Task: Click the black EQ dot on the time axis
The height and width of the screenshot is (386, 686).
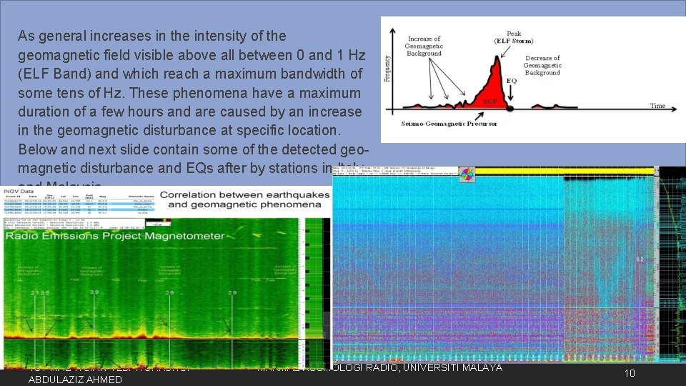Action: click(x=509, y=109)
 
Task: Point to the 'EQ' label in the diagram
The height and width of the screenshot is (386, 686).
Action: click(x=512, y=81)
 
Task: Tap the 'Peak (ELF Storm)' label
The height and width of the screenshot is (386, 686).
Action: click(x=513, y=37)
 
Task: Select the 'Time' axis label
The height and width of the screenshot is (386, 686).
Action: click(x=657, y=106)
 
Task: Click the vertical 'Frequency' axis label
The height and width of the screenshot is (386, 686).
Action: click(x=388, y=69)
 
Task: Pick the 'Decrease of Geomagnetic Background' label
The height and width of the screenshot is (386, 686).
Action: click(x=542, y=65)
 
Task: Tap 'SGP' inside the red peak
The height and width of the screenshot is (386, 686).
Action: click(x=491, y=102)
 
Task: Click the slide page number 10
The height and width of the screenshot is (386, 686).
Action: click(x=629, y=373)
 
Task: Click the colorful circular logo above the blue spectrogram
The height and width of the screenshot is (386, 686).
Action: click(x=466, y=174)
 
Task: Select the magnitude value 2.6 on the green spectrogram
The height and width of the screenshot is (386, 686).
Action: click(x=169, y=293)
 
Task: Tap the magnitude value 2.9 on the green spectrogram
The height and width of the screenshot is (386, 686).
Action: click(x=232, y=293)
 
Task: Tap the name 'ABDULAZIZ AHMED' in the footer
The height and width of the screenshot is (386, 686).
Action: click(x=74, y=380)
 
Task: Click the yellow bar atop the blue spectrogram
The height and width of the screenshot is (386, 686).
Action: click(x=565, y=171)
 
